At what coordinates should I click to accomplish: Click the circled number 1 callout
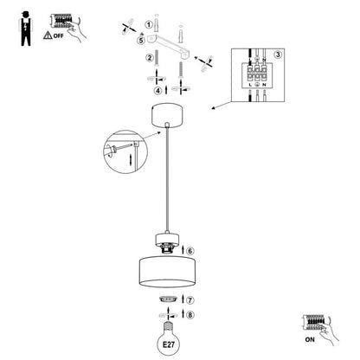click(149, 24)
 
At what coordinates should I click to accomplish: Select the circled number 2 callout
click(150, 58)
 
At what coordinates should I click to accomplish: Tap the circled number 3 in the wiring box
click(278, 55)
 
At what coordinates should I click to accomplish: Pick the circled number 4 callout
click(157, 91)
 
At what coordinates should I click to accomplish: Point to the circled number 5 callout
click(141, 41)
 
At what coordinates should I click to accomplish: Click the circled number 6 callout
click(190, 251)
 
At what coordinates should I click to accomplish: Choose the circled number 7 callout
click(190, 300)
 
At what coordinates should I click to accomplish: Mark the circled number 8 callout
click(190, 315)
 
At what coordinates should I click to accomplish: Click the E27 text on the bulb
click(169, 344)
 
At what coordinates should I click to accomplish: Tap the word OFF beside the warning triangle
click(58, 36)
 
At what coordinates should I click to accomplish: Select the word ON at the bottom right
click(310, 340)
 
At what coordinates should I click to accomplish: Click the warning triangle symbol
click(48, 35)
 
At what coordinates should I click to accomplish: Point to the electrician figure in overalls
click(26, 29)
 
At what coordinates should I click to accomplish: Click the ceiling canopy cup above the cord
click(167, 116)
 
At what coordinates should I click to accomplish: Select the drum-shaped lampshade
click(167, 272)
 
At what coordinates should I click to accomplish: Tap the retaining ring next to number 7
click(168, 299)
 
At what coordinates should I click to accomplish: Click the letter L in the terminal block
click(250, 85)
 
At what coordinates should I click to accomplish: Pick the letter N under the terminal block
click(264, 85)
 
